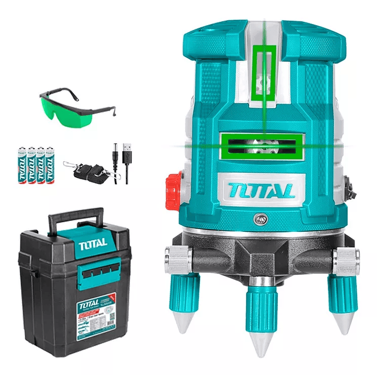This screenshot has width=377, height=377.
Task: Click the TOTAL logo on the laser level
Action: (x=262, y=189)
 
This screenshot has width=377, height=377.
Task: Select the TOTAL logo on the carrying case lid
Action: (x=93, y=242)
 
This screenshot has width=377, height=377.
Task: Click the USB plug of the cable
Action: (x=127, y=148)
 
